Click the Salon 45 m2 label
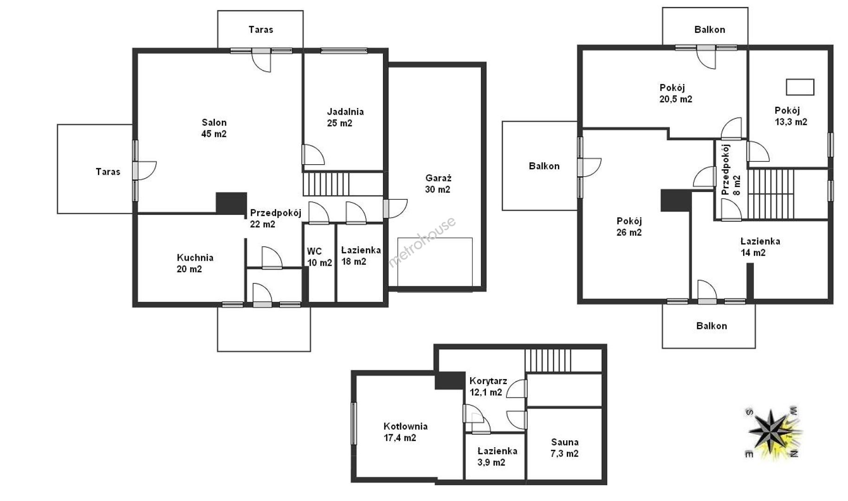point(214,128)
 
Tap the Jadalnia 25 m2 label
point(345,117)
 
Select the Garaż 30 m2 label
point(438,183)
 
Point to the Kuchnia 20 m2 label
point(195,263)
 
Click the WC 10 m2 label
point(319,257)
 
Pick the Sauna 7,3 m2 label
point(564,448)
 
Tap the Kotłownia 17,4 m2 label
point(405,432)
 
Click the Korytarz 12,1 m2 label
point(488,386)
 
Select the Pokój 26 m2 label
point(629,226)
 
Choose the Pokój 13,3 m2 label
point(790,116)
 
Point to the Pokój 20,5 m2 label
point(675,93)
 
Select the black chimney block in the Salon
point(231,203)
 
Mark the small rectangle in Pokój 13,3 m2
point(800,87)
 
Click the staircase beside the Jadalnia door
point(326,184)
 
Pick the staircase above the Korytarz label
point(548,360)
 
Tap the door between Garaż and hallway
point(395,208)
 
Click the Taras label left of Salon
point(108,172)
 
